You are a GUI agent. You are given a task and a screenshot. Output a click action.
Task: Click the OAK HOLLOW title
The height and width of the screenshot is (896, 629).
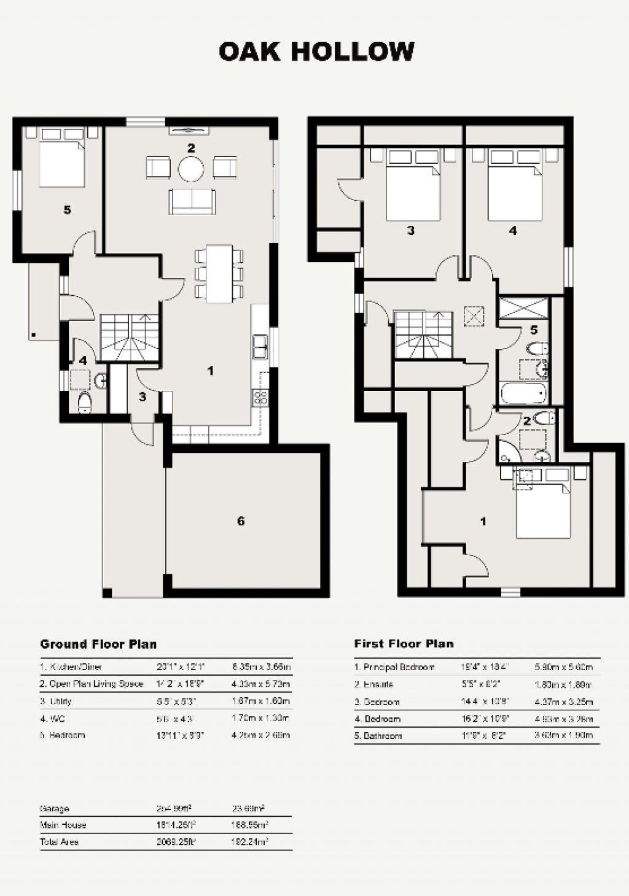point(316,52)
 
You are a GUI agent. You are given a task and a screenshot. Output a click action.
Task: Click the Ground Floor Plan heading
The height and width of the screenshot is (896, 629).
point(98,644)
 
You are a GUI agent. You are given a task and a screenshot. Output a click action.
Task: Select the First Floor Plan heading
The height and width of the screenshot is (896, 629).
point(404,644)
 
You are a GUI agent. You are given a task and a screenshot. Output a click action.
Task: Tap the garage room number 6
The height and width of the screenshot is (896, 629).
point(241,521)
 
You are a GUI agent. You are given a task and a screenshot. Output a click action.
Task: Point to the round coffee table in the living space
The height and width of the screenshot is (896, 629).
point(190,168)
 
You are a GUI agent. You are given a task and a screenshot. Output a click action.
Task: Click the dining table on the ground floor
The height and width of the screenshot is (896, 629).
point(219,274)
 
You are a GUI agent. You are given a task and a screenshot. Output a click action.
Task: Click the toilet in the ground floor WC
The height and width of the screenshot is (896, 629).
point(85,403)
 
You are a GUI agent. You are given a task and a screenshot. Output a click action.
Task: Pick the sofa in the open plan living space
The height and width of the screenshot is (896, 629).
point(192,201)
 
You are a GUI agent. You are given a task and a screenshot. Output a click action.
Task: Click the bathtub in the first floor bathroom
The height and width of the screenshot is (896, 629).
point(523,393)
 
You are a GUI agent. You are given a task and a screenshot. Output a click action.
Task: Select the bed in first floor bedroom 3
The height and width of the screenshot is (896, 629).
point(413,187)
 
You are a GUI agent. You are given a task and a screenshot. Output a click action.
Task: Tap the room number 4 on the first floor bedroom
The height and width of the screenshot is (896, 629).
point(513,231)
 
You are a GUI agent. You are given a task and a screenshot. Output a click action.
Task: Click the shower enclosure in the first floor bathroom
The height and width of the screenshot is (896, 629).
point(523,307)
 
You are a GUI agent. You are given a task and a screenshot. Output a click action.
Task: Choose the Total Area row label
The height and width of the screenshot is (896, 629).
point(59,842)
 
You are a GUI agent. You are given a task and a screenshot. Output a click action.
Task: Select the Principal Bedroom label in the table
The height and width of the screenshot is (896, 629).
point(394,667)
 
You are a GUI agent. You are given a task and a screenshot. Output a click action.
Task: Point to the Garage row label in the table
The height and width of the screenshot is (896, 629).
point(55,809)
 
